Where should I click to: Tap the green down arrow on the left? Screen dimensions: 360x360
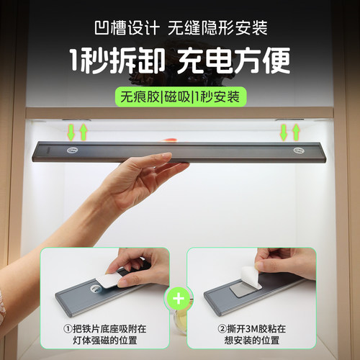tap(71, 132)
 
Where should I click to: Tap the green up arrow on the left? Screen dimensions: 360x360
tap(84, 132)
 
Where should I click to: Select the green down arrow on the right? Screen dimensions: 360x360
tap(284, 132)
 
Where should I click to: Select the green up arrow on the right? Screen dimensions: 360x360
tap(296, 132)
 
